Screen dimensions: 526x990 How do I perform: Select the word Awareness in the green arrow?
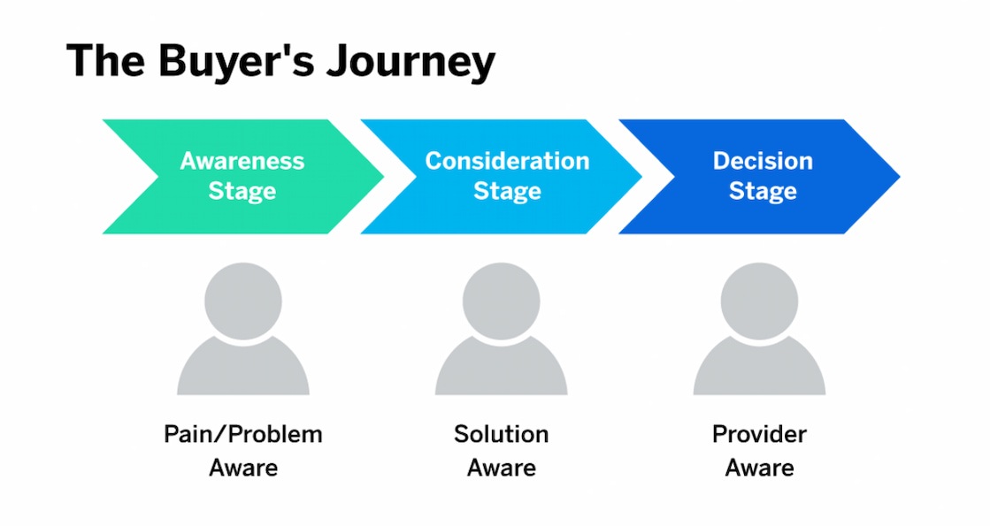(242, 161)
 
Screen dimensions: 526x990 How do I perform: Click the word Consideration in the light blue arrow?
(507, 161)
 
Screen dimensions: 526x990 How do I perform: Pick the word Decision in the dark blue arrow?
(763, 161)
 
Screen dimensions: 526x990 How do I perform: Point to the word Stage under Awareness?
(242, 191)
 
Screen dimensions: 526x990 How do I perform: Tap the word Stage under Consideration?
(507, 191)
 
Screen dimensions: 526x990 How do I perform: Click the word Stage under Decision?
(763, 191)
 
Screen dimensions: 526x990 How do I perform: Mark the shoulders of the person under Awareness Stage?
(243, 371)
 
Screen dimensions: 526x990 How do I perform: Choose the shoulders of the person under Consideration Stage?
(501, 371)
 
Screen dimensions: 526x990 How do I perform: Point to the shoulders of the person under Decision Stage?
(759, 371)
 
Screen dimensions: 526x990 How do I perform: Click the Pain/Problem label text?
(243, 435)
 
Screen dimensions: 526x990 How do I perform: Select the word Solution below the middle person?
(501, 435)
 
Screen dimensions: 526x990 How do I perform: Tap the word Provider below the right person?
(759, 435)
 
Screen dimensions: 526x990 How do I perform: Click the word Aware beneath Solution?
(501, 468)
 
